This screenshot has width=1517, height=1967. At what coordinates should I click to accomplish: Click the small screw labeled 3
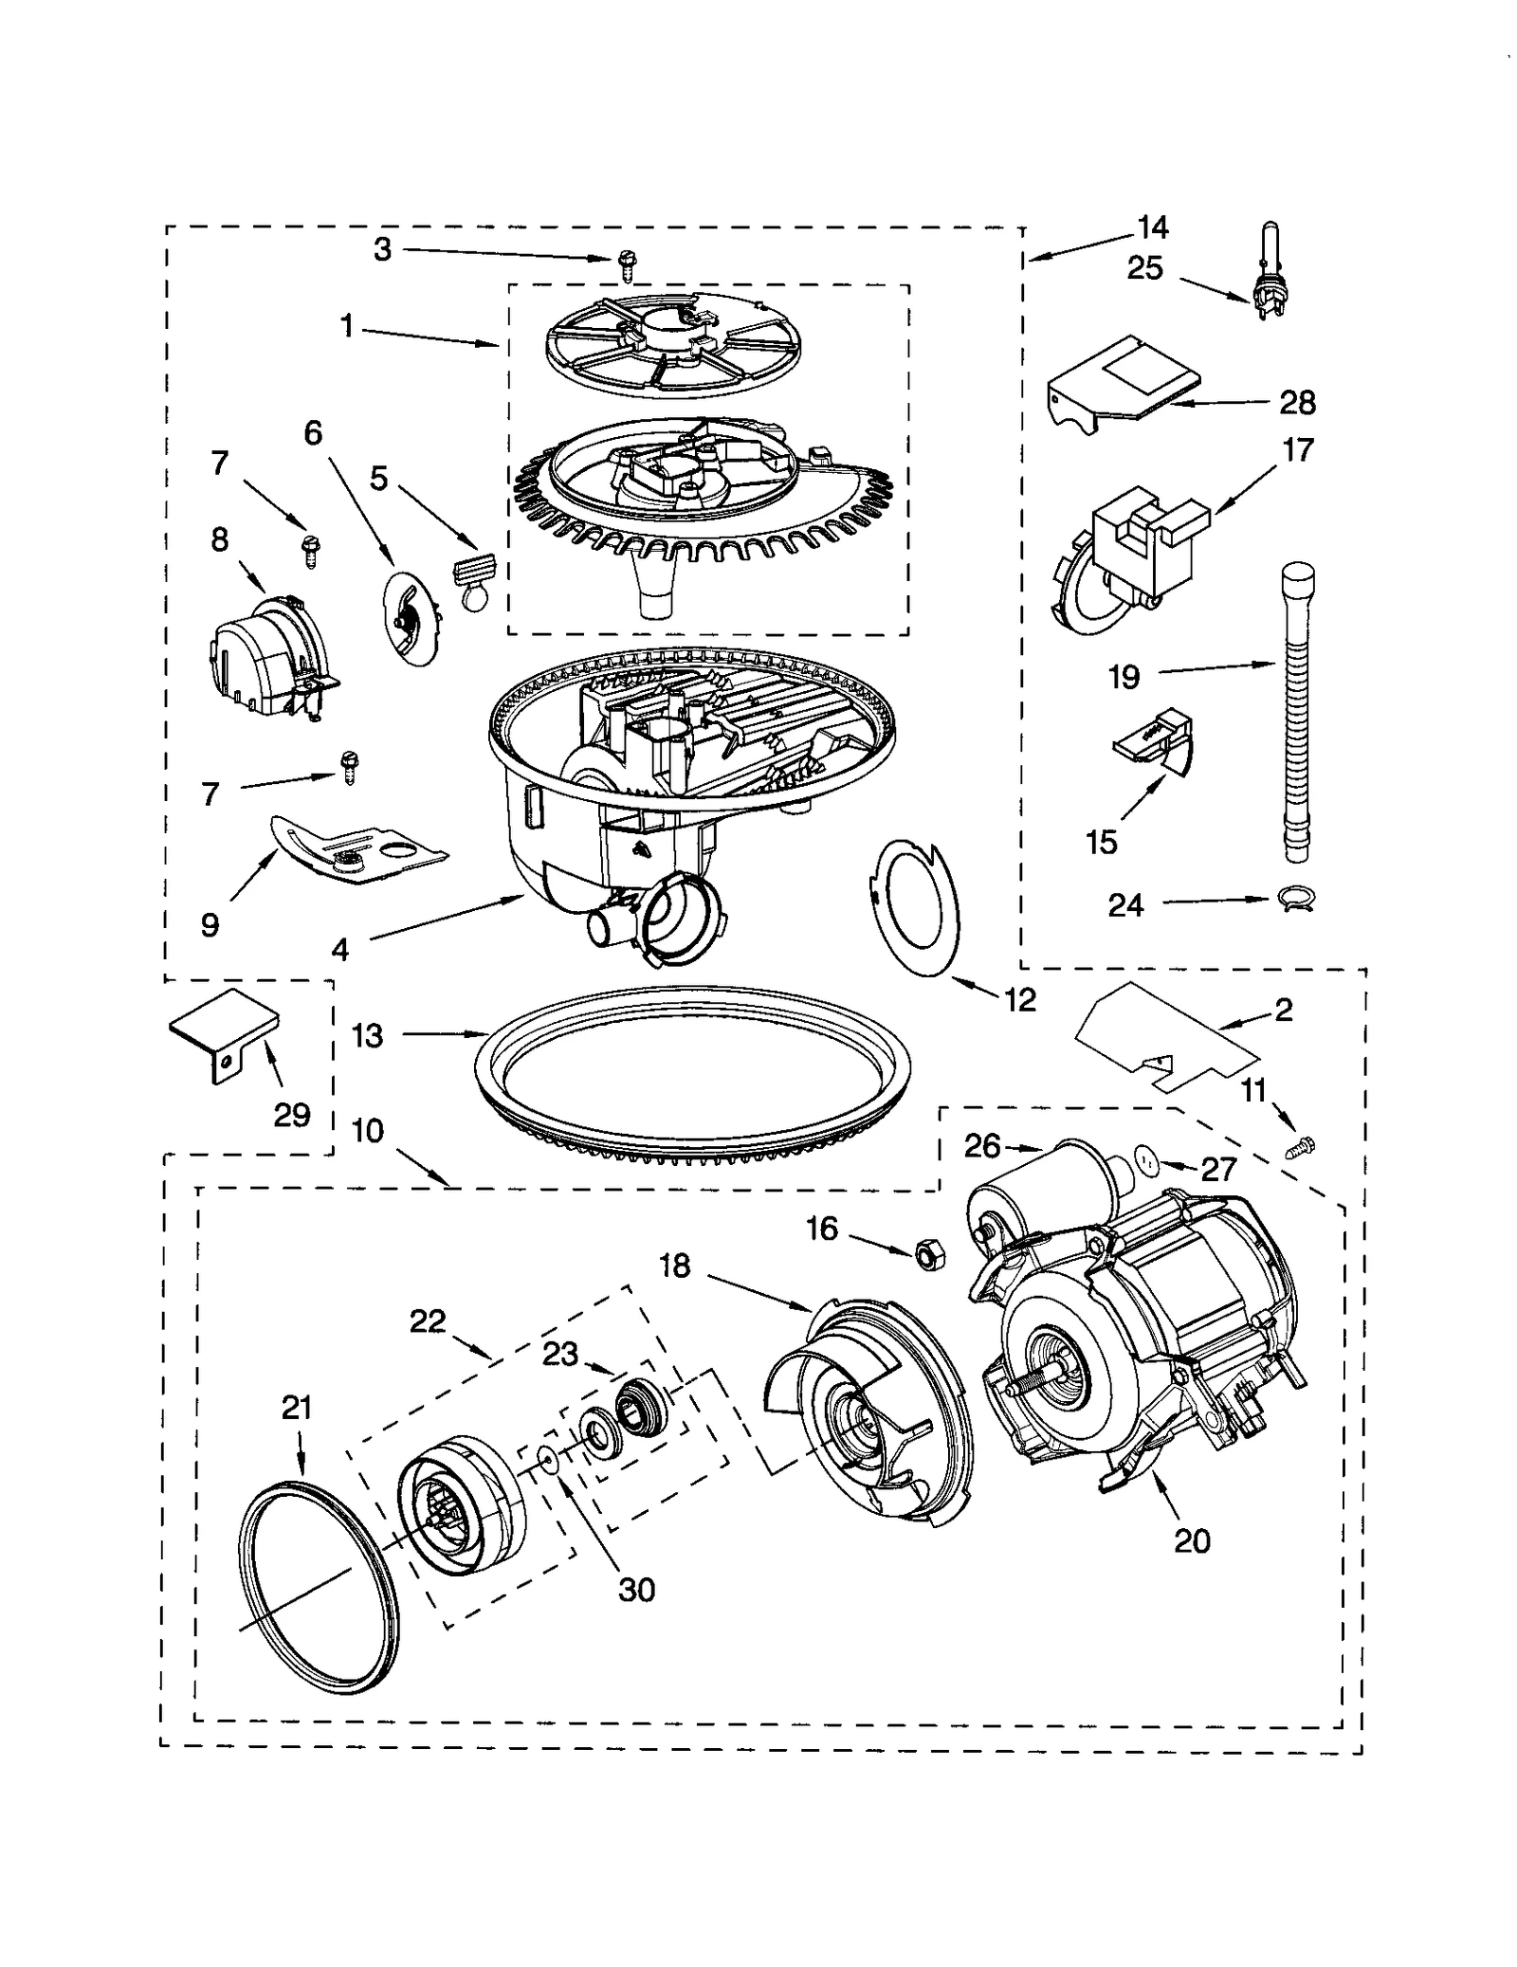627,264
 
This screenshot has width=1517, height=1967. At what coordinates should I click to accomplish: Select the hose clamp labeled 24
1295,900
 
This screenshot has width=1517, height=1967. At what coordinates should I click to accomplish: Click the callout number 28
1297,404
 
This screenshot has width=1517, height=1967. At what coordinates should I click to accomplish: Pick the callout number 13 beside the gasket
367,1036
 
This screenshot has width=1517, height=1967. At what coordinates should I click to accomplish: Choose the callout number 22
428,1321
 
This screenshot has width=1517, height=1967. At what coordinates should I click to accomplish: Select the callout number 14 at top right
1153,228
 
